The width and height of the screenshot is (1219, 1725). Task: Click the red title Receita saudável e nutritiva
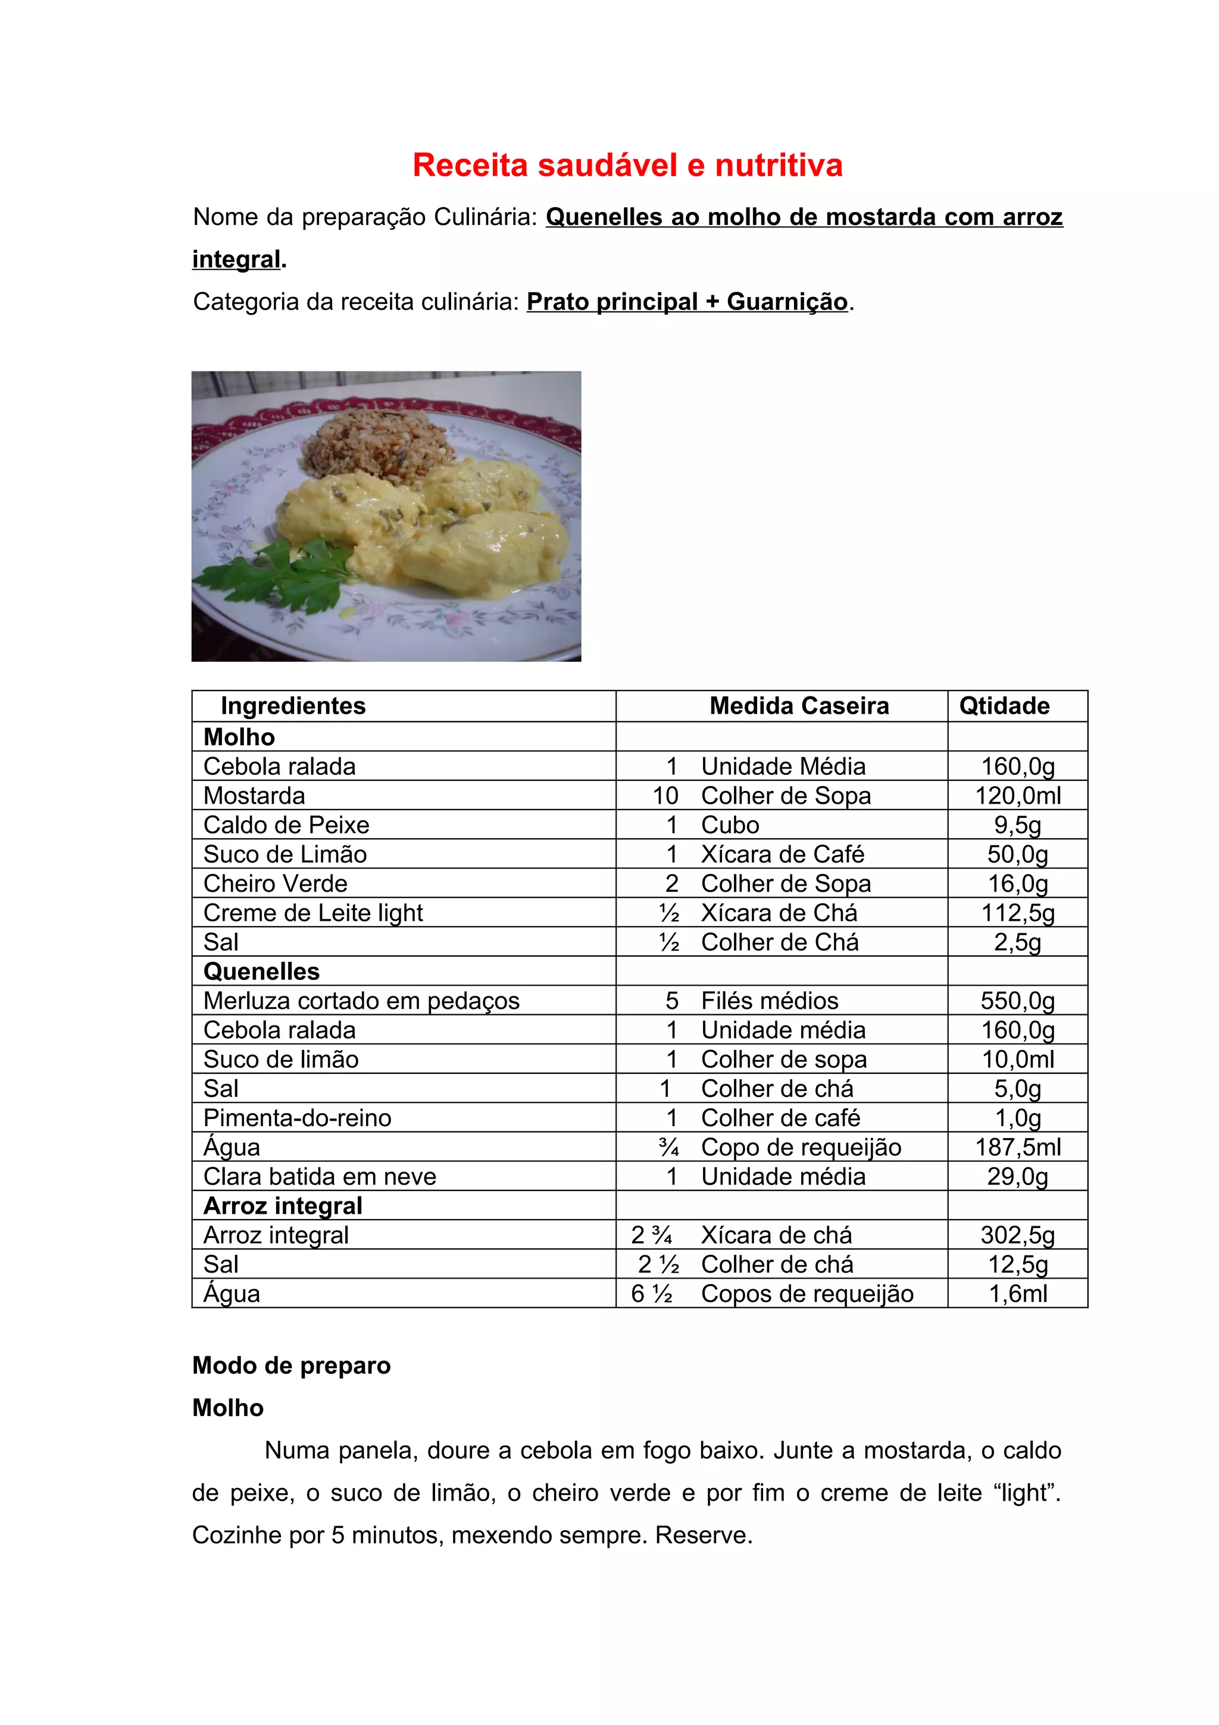(x=627, y=165)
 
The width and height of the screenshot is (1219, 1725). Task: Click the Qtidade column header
(x=1004, y=706)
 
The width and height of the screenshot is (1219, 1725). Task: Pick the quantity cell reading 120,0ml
(x=1018, y=796)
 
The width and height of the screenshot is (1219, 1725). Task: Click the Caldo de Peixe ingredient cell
(x=286, y=825)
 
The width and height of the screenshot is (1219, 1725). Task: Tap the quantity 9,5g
(x=1018, y=825)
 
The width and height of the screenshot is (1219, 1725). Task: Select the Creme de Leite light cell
(x=313, y=913)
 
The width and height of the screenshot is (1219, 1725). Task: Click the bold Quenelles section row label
(x=261, y=971)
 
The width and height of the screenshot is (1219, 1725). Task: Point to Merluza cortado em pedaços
(x=361, y=1001)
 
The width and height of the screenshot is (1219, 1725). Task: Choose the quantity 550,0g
(x=1018, y=1001)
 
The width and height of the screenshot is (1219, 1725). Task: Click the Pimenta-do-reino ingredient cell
(x=298, y=1118)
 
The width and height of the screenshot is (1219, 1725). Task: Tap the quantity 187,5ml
(x=1018, y=1147)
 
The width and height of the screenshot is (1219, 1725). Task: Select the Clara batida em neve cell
(x=320, y=1177)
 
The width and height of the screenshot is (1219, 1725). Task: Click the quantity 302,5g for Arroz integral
(x=1018, y=1235)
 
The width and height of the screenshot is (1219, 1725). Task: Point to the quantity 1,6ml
(x=1018, y=1294)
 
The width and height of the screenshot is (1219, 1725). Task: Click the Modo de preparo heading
(x=292, y=1365)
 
